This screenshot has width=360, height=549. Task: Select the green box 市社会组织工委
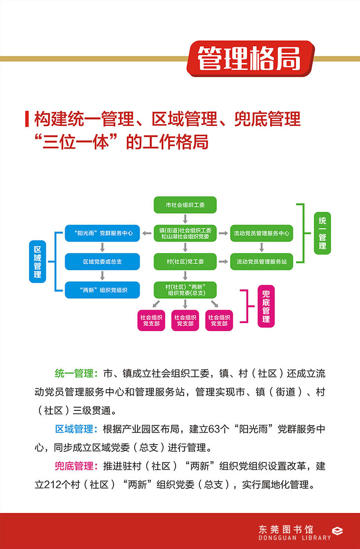click(185, 204)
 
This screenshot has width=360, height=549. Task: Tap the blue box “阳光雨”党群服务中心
click(103, 233)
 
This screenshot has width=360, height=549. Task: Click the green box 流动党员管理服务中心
click(262, 233)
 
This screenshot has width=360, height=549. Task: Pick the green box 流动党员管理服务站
click(262, 261)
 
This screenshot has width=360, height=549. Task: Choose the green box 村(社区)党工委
click(185, 261)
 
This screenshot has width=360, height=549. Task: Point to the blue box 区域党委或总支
click(103, 261)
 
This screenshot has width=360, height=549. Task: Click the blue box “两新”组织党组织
click(103, 290)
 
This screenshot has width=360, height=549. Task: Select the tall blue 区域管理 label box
click(37, 261)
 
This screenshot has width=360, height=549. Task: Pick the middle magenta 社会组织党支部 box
click(185, 321)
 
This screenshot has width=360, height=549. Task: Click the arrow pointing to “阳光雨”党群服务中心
click(146, 233)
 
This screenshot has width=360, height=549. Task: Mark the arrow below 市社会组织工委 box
click(185, 219)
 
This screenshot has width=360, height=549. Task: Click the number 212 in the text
click(53, 484)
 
